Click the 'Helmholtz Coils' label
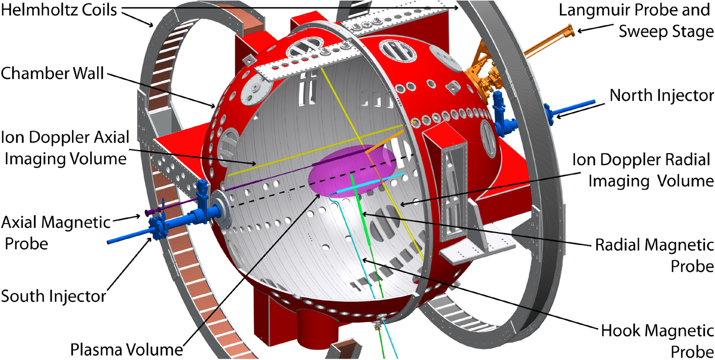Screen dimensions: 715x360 click(x=59, y=10)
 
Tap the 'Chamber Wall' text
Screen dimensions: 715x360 click(x=52, y=73)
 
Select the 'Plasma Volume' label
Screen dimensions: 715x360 click(x=127, y=349)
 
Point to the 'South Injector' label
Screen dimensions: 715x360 click(x=54, y=296)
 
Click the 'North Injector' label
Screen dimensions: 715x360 click(x=661, y=95)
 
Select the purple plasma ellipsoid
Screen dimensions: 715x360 click(x=352, y=171)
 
